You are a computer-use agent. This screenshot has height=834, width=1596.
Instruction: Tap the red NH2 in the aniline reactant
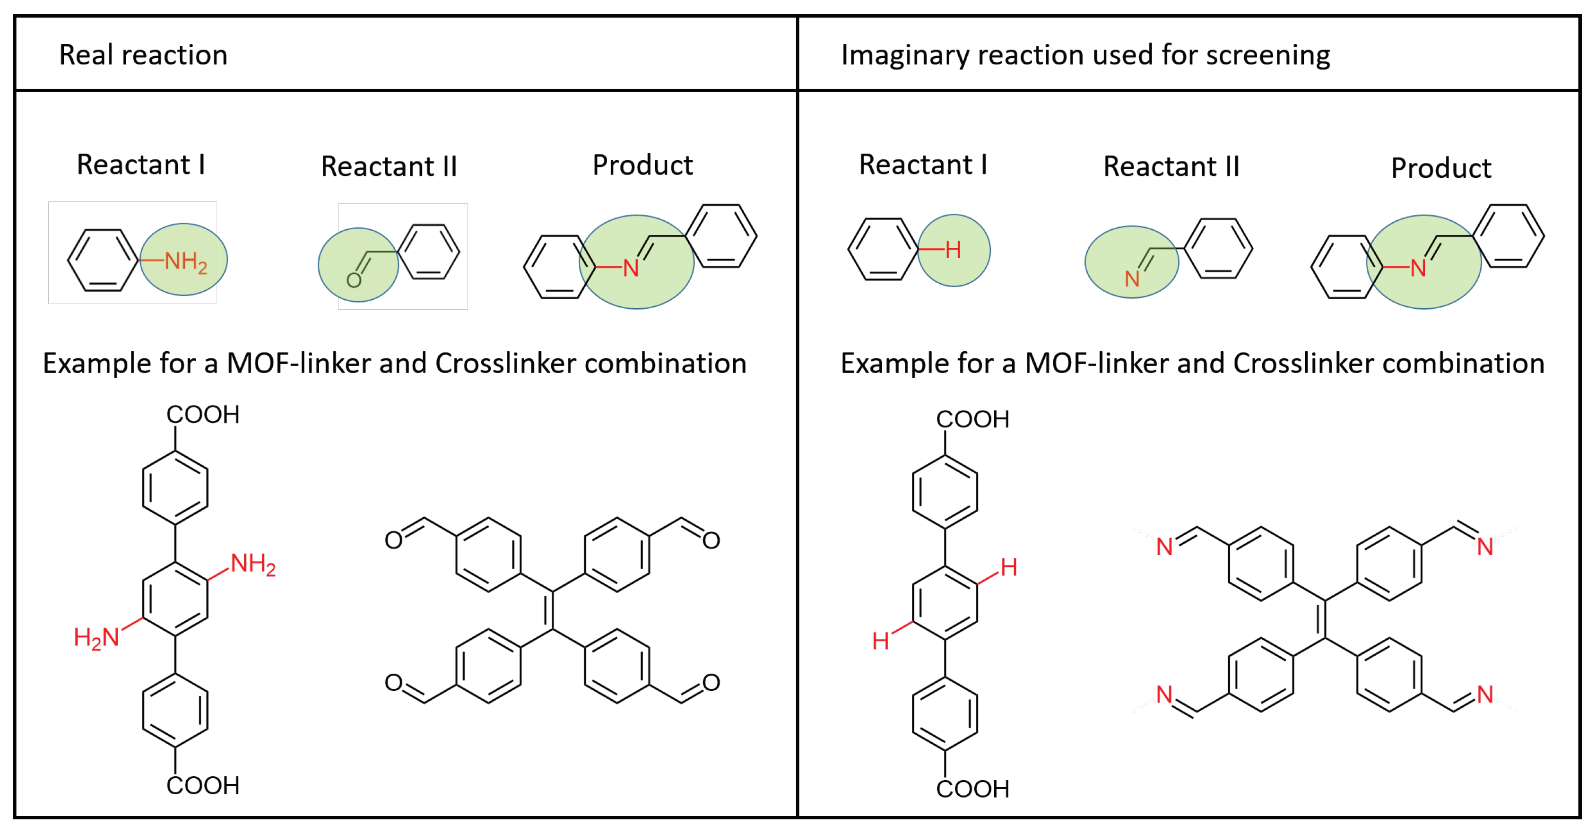click(185, 261)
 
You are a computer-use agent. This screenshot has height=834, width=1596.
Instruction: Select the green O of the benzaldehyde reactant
click(354, 281)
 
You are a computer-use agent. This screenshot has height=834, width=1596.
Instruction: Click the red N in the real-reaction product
click(630, 268)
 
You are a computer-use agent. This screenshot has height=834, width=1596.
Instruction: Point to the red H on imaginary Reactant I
click(953, 250)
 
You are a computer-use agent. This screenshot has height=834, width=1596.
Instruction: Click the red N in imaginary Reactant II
click(1132, 279)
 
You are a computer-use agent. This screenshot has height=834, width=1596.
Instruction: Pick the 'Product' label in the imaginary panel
click(1440, 168)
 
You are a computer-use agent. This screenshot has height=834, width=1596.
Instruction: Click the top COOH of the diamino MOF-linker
click(203, 415)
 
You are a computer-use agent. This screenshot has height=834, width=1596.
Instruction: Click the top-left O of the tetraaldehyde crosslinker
click(393, 539)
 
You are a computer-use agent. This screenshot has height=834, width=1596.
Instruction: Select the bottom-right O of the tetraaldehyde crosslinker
click(711, 683)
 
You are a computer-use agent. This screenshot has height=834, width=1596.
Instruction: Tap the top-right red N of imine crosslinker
click(1484, 547)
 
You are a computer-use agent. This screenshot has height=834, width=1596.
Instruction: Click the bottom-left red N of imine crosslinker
click(1164, 694)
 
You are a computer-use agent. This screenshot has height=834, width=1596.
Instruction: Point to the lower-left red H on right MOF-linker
click(880, 641)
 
